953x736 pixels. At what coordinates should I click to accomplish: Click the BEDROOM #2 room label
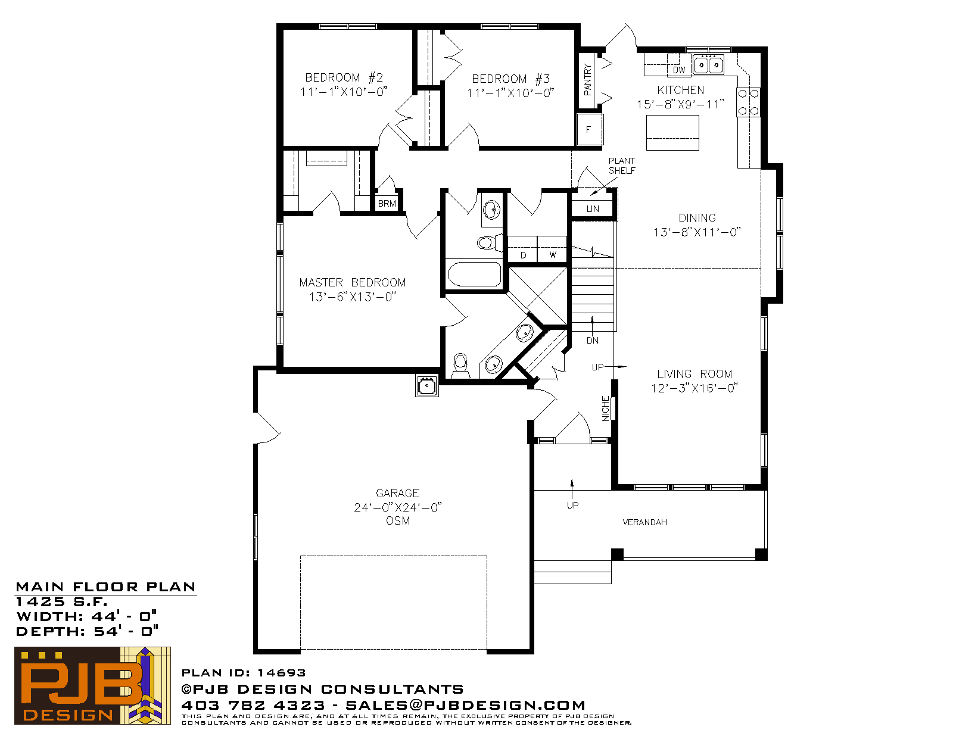(344, 84)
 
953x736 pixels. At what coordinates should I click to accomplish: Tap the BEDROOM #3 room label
(510, 86)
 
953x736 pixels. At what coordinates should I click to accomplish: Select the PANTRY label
(587, 80)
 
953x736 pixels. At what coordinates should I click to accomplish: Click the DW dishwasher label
(678, 70)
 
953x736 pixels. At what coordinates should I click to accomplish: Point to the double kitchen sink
(708, 65)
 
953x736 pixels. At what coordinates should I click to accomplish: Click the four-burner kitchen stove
(748, 102)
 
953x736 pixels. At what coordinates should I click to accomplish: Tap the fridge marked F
(590, 129)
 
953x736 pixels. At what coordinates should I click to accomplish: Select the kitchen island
(672, 133)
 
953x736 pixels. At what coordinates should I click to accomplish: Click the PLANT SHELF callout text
(621, 166)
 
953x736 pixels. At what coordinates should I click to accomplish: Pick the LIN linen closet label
(593, 208)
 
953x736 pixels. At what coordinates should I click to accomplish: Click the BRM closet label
(387, 204)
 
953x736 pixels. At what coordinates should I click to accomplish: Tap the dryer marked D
(523, 250)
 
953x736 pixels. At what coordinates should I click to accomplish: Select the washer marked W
(552, 250)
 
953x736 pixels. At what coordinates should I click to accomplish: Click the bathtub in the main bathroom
(474, 275)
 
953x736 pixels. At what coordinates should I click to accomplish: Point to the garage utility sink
(426, 386)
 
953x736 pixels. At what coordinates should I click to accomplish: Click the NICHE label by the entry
(606, 408)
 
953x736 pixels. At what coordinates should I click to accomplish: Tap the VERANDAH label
(644, 522)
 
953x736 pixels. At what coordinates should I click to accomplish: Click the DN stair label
(593, 340)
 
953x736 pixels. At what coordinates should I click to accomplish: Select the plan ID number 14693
(281, 673)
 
